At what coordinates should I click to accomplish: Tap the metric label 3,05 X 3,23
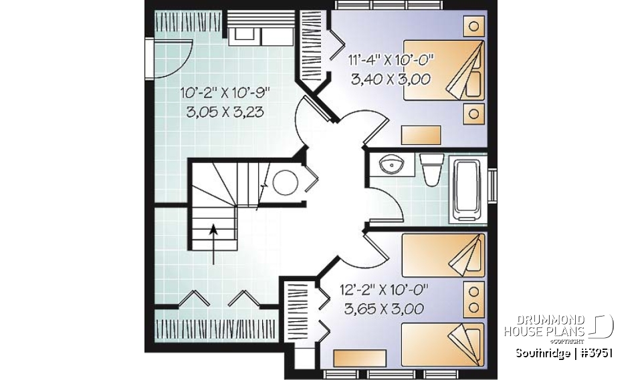coord(224,112)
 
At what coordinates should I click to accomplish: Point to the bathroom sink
coord(389,164)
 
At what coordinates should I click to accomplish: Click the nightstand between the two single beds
coord(473,299)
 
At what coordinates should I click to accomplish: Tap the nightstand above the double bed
coord(473,27)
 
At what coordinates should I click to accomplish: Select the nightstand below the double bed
coord(473,113)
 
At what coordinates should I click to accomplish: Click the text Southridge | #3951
coord(564,353)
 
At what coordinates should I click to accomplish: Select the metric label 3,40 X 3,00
coord(391,78)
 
